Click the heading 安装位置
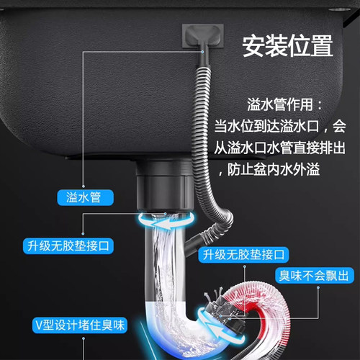[287, 47]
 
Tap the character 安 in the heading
[253, 47]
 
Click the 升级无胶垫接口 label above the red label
[245, 254]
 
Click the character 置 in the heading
[320, 47]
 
